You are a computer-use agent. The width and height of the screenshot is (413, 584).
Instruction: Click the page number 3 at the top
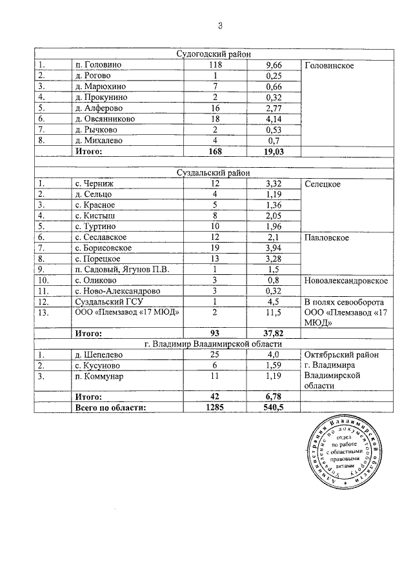click(219, 26)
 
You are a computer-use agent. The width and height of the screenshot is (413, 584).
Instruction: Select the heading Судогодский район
click(214, 54)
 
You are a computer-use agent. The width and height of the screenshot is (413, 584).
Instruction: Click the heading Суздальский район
click(214, 172)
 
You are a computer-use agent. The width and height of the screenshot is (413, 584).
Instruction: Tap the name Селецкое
click(322, 184)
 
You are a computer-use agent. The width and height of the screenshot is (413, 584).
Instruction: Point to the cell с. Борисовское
click(104, 248)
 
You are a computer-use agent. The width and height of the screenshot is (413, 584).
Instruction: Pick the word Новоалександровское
click(345, 281)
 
